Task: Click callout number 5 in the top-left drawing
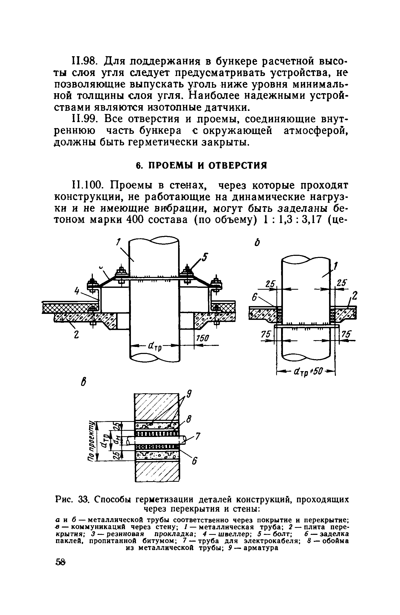tap(205, 258)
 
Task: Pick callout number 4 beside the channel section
tap(77, 291)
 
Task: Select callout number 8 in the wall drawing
tap(189, 420)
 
